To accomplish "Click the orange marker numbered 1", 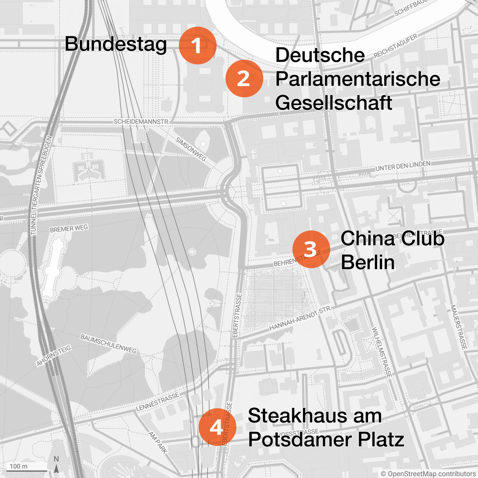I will point(197,45).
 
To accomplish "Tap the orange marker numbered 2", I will point(244,78).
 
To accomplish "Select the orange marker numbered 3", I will point(311,249).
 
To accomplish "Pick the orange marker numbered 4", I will point(217,427).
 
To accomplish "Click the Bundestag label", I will point(116,43).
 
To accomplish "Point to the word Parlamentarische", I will point(357,79).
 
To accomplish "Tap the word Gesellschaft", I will point(333,103).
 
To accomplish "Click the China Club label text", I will point(392,239).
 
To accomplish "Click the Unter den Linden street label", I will point(403,166).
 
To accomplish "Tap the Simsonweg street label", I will point(191,149).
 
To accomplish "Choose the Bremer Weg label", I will point(69,229).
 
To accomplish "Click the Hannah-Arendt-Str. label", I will point(300,319).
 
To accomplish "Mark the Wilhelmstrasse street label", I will point(382,353).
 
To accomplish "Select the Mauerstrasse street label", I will point(458,327).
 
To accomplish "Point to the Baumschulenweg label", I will point(108,344).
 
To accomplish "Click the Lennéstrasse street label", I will point(158,402).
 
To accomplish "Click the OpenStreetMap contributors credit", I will point(428,474).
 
